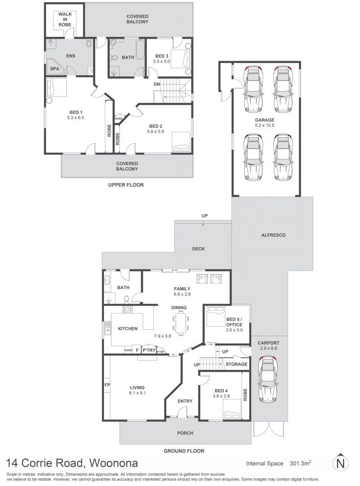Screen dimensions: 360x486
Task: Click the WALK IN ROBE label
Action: [65, 19]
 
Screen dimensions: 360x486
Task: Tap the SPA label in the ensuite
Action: [54, 69]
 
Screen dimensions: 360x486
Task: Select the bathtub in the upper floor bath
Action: [140, 49]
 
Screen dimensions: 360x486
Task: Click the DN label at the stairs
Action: [157, 84]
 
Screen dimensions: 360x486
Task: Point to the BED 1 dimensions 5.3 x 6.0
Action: [75, 118]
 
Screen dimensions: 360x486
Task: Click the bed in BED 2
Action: [181, 142]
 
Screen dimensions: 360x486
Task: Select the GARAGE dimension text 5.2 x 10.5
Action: [265, 126]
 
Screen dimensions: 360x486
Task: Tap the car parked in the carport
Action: [268, 380]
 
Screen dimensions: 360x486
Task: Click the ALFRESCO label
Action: [273, 235]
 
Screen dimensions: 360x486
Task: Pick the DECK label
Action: [198, 249]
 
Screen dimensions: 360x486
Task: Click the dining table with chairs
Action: [180, 323]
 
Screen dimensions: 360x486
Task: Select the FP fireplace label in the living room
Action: [107, 385]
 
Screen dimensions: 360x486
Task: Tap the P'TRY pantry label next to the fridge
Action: [149, 350]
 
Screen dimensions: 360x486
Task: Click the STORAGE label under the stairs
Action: [237, 364]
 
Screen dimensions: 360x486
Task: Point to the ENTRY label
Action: [185, 401]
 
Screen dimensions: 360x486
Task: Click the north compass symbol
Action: [341, 463]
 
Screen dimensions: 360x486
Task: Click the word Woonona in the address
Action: [113, 463]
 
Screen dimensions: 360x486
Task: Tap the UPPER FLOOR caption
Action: [126, 185]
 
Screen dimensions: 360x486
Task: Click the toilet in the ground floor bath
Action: [126, 299]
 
